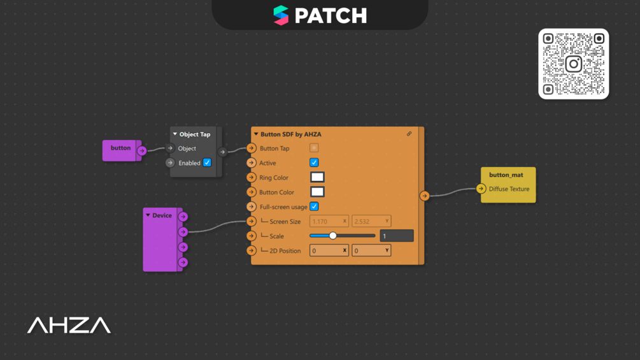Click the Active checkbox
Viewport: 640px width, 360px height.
(x=314, y=162)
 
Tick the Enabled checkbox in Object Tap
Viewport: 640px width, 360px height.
(x=207, y=162)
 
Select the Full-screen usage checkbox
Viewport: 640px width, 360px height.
(x=314, y=206)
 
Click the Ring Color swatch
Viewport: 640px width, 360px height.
(x=317, y=177)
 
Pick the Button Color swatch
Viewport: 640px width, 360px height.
(x=317, y=192)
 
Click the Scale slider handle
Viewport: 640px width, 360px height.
(x=332, y=236)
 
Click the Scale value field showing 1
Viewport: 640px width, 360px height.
(x=396, y=236)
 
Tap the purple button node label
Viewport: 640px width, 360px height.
(x=120, y=148)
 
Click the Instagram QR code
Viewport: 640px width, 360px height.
(x=573, y=64)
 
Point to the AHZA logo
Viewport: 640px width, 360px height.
(x=69, y=326)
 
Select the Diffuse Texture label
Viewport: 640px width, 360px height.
(x=509, y=189)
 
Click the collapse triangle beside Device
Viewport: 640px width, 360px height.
(x=148, y=215)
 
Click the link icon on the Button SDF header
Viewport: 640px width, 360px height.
(x=409, y=134)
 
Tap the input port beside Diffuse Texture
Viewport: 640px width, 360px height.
(x=481, y=189)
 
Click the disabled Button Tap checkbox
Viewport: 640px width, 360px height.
(x=314, y=148)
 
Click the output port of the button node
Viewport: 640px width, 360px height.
(x=142, y=151)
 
